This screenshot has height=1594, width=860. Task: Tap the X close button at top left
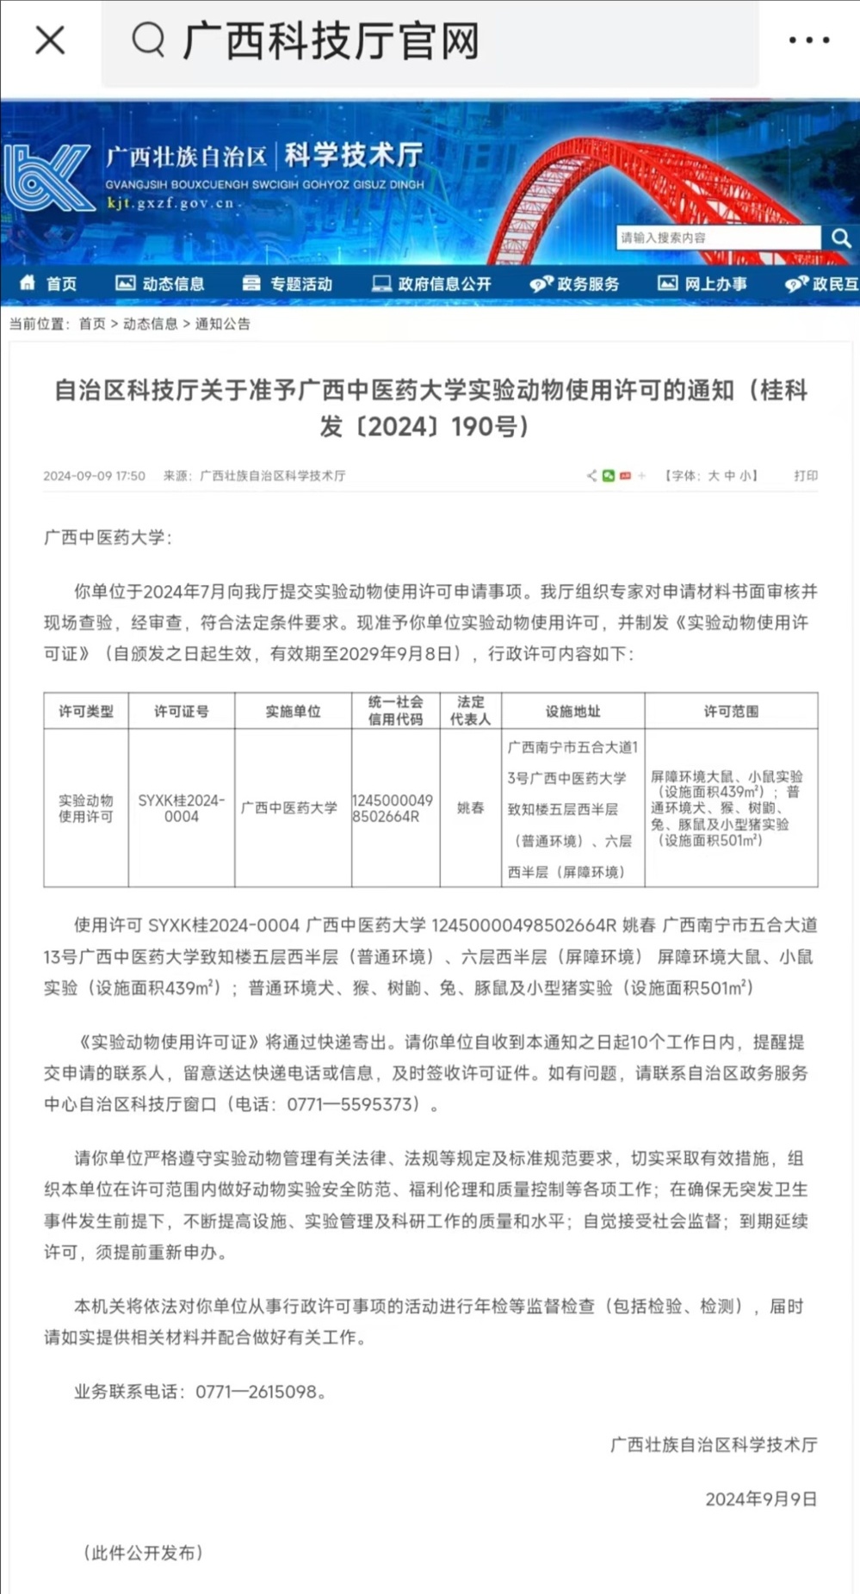(x=50, y=40)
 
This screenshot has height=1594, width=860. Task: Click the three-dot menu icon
(x=809, y=40)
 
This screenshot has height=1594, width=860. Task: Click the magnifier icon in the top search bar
(x=148, y=40)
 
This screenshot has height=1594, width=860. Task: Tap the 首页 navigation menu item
(x=50, y=284)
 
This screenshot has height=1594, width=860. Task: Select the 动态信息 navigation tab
(x=161, y=284)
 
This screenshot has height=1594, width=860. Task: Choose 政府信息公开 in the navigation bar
(x=431, y=284)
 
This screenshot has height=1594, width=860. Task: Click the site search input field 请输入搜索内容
(x=717, y=238)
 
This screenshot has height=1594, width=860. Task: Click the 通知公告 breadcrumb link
(x=223, y=324)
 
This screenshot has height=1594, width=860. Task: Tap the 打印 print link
(x=806, y=476)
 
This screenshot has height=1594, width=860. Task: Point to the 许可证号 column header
(x=182, y=712)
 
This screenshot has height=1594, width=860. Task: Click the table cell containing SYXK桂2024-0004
(x=182, y=808)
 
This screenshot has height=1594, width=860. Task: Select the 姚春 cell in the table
(x=471, y=808)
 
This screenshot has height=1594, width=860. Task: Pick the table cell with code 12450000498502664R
(x=395, y=808)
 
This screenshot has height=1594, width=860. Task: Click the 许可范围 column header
(x=731, y=712)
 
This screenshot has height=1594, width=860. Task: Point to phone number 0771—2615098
(x=257, y=1392)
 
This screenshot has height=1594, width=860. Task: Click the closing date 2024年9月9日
(x=761, y=1499)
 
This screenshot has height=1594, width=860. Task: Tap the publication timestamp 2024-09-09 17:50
(x=95, y=476)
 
